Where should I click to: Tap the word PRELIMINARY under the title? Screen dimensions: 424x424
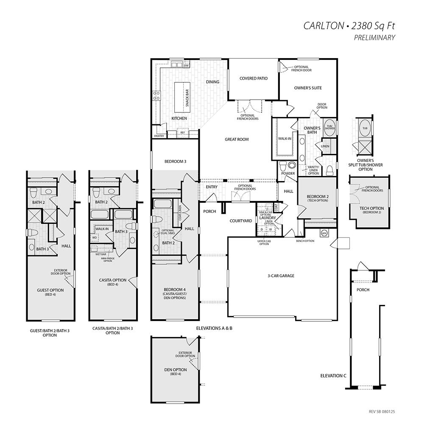pyautogui.click(x=374, y=38)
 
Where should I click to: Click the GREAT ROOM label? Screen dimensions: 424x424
pyautogui.click(x=237, y=139)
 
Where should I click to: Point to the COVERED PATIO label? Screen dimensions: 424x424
pyautogui.click(x=253, y=78)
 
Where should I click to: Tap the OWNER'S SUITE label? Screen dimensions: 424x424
pyautogui.click(x=308, y=88)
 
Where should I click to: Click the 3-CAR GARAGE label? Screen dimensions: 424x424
pyautogui.click(x=281, y=276)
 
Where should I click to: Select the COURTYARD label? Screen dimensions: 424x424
pyautogui.click(x=241, y=221)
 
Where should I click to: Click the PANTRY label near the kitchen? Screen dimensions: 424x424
pyautogui.click(x=159, y=136)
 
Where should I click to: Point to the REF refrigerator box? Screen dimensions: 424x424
pyautogui.click(x=183, y=133)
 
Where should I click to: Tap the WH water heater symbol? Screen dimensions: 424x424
pyautogui.click(x=324, y=233)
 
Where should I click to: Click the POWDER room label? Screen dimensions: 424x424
pyautogui.click(x=288, y=173)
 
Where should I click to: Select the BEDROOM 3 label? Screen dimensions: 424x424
pyautogui.click(x=176, y=162)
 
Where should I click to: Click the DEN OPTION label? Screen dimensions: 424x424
pyautogui.click(x=176, y=370)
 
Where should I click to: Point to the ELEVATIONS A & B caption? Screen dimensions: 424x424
pyautogui.click(x=214, y=329)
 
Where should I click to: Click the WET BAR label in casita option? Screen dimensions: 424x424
pyautogui.click(x=100, y=254)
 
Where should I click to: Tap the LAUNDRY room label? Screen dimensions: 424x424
pyautogui.click(x=268, y=218)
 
